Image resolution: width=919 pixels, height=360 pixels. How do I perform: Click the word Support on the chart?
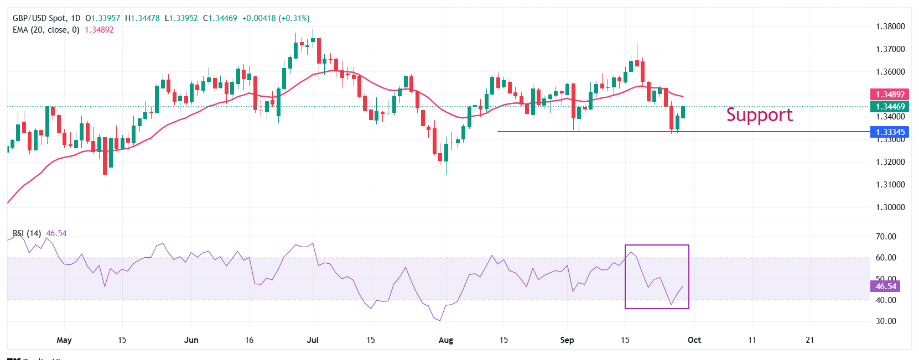pos(759,114)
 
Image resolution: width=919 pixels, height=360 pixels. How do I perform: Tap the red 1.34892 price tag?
pos(890,95)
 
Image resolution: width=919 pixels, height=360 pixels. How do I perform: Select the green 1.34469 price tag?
pos(890,107)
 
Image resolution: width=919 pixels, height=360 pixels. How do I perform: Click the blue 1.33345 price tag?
pos(890,132)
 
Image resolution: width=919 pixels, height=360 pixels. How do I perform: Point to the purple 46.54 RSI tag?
pos(885,286)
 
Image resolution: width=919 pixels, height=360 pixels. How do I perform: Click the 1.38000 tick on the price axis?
pos(890,27)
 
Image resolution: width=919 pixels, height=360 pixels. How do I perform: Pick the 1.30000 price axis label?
pos(890,207)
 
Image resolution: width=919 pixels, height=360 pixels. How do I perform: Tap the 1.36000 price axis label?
pos(890,72)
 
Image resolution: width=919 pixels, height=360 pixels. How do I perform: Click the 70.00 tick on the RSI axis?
pos(886,237)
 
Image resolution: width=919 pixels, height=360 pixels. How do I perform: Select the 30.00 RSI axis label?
pos(886,321)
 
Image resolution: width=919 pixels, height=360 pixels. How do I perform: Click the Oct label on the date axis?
pos(694,340)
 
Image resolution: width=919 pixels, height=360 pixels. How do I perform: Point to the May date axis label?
pos(64,340)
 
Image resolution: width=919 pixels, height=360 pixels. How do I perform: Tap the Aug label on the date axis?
pos(445,340)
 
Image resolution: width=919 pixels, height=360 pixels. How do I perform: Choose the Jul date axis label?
pos(313,340)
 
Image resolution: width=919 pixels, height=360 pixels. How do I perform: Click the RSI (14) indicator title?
pos(27,233)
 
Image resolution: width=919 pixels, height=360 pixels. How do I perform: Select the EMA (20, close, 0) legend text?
pos(46,30)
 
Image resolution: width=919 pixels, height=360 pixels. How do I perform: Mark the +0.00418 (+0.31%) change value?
pos(276,18)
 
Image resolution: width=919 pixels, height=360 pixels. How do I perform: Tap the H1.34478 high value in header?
pos(142,18)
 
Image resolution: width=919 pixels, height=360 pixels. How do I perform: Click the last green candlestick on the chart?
pos(683,112)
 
